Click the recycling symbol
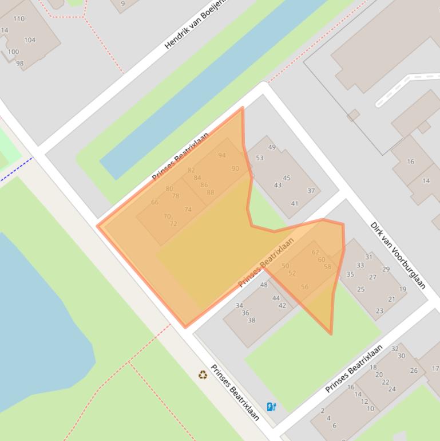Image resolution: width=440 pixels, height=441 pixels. point(203,375)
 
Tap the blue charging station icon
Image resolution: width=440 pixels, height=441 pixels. point(271,407)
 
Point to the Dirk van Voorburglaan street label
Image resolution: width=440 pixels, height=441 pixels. point(398,255)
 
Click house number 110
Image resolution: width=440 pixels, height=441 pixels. point(19,18)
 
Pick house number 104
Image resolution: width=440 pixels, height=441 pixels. point(30,40)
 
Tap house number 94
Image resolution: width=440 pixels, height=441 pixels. point(222,155)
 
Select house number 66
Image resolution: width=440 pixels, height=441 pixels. point(154,202)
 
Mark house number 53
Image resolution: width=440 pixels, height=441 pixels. point(260,158)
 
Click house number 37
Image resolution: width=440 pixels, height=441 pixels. point(311,191)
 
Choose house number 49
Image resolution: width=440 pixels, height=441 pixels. point(272,147)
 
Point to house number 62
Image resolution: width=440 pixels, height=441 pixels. point(315,252)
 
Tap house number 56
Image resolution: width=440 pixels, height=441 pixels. point(304,287)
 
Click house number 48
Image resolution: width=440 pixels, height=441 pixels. point(264,285)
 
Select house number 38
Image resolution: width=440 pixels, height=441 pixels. point(251,321)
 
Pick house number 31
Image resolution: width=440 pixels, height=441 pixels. point(368,257)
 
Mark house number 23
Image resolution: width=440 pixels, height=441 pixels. point(379,311)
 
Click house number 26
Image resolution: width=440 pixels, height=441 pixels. point(414,371)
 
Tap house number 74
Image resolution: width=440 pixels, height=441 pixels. point(188,210)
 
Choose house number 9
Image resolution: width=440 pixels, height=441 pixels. point(122,3)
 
